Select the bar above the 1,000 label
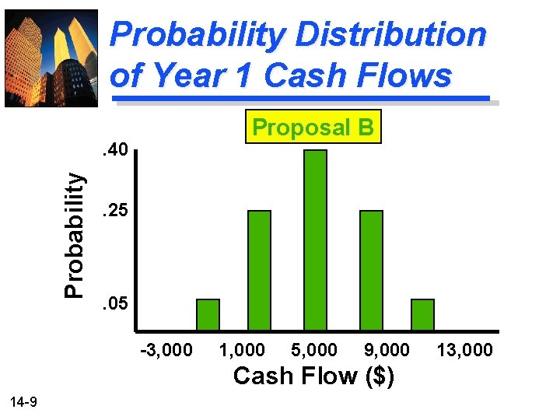[x=259, y=270]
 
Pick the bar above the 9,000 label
[x=372, y=270]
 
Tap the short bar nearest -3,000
[x=208, y=314]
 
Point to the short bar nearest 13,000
[x=422, y=314]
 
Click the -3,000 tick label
[x=166, y=350]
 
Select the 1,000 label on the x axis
[x=241, y=350]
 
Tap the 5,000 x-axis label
[x=313, y=350]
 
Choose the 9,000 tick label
[x=384, y=350]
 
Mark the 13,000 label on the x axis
[x=464, y=350]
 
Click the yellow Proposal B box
[x=313, y=127]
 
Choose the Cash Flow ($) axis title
[x=313, y=376]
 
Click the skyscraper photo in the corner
[x=51, y=57]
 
